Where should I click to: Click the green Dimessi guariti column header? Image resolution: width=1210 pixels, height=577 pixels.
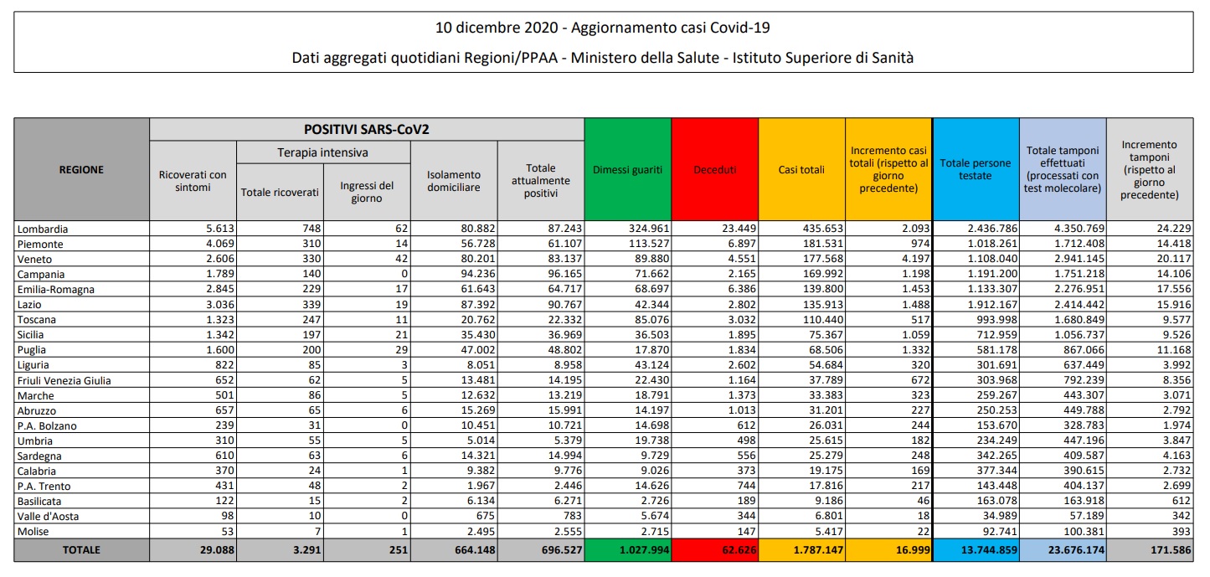pos(627,169)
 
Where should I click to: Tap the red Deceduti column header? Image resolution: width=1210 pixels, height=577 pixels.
pos(714,169)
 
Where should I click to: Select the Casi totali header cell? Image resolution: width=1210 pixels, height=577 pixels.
pos(801,169)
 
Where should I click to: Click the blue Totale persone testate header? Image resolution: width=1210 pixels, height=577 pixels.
pos(975,169)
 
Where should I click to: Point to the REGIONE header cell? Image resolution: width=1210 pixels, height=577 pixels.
pos(81,169)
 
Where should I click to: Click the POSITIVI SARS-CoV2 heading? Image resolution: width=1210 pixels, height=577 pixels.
pos(366,130)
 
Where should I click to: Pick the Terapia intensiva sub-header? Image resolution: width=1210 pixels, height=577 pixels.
pos(322,152)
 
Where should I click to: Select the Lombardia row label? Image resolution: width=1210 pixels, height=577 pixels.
pos(43,229)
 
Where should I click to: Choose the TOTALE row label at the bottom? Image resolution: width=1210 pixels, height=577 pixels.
pos(81,550)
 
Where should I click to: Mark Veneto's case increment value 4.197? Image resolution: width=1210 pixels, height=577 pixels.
pos(909,259)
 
